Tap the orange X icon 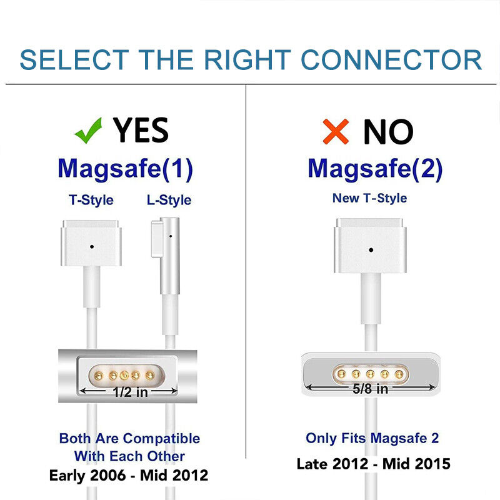(x=336, y=131)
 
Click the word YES (x=141, y=131)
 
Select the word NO (x=388, y=131)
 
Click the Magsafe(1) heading (x=125, y=168)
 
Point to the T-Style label (x=91, y=200)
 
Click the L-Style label (x=169, y=200)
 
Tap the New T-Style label (x=370, y=198)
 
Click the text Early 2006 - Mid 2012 (x=129, y=476)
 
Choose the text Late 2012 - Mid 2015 (x=373, y=464)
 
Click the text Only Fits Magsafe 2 (x=372, y=438)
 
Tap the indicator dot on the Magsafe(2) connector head (x=371, y=249)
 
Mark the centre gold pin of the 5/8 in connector (x=371, y=374)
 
